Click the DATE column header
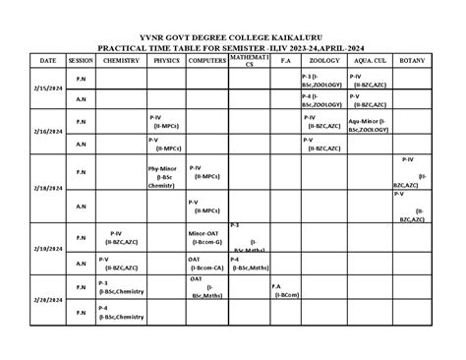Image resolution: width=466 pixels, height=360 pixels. (48, 61)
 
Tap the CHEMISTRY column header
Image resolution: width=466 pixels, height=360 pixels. (120, 61)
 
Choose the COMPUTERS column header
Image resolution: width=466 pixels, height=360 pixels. (206, 61)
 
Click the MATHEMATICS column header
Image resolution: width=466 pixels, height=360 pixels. (249, 61)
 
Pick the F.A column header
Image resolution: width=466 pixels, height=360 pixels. (286, 61)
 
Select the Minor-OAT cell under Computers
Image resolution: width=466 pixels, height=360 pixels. (206, 236)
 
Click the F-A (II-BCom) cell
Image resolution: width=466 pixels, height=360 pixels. (286, 290)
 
